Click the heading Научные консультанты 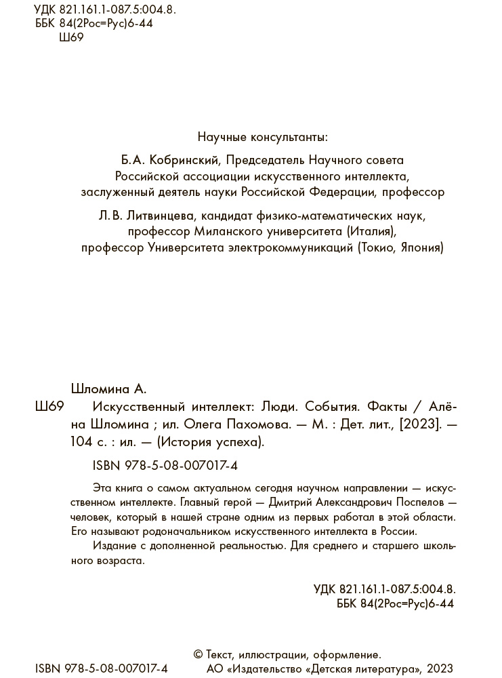(x=262, y=137)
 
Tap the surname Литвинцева (x=159, y=216)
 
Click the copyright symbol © (x=198, y=655)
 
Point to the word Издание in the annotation (x=110, y=546)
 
